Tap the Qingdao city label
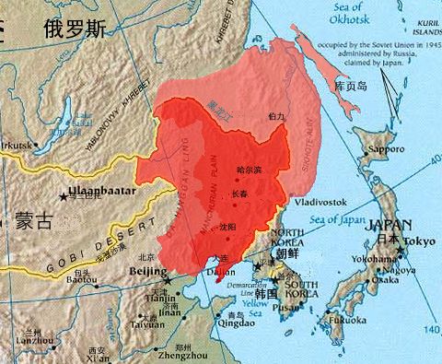[222, 323]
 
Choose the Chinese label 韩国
[265, 294]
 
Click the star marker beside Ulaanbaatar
[64, 194]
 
